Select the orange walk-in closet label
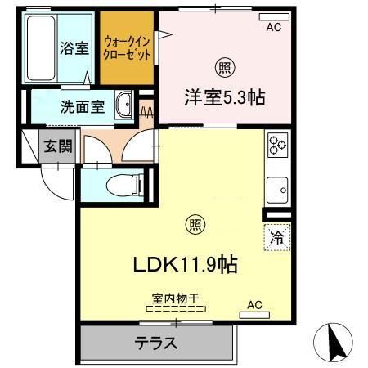pos(127,49)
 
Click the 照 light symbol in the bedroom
pos(222,68)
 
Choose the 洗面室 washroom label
pos(81,106)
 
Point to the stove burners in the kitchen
pos(277,146)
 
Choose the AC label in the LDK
pos(254,305)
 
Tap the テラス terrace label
pos(155,343)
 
